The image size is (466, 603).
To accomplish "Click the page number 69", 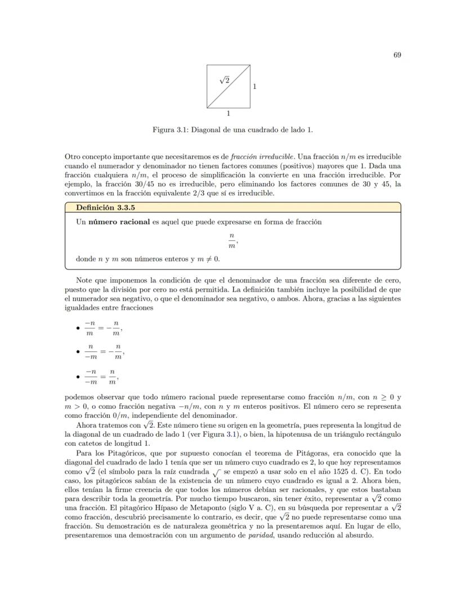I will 397,55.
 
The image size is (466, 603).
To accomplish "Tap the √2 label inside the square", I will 224,81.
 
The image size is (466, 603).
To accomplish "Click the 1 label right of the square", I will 254,87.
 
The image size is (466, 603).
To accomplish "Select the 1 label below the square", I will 228,113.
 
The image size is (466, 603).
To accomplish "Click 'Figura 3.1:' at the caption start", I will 171,129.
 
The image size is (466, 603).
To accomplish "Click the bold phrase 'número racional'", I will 119,222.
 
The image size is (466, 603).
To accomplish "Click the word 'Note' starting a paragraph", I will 84,280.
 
